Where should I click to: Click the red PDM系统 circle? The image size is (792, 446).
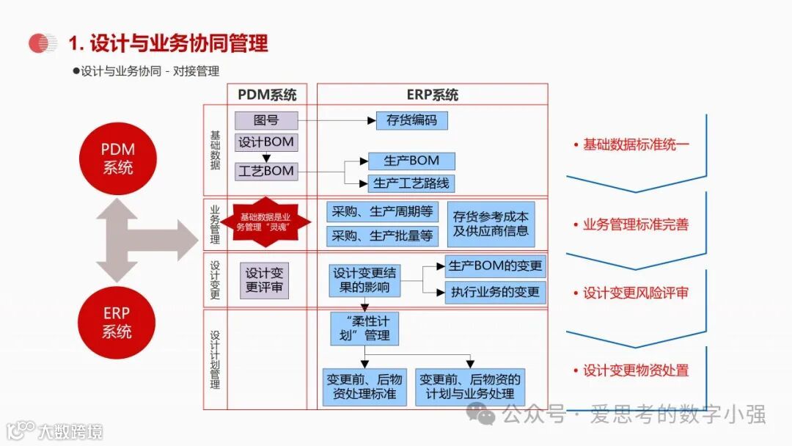(117, 158)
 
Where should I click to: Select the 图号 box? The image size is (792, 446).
(266, 120)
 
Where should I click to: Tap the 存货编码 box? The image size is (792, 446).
(411, 120)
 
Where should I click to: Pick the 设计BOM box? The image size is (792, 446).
(266, 142)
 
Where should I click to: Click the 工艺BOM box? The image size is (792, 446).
(266, 172)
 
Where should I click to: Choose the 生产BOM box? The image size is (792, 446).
(411, 161)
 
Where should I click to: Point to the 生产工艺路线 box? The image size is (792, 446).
(411, 183)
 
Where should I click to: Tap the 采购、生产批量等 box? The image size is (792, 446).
(381, 236)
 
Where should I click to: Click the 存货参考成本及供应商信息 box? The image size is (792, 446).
(491, 224)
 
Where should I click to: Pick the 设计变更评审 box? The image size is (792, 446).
(264, 279)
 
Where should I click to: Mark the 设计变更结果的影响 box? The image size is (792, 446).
(364, 280)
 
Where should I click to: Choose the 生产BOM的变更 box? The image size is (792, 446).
(495, 266)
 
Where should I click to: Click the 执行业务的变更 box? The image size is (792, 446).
(495, 292)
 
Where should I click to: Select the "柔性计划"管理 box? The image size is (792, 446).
(365, 329)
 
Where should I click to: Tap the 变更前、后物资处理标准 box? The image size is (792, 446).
(364, 387)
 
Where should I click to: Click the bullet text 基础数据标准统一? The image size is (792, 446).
(635, 145)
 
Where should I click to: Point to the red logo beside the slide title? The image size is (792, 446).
(43, 43)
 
